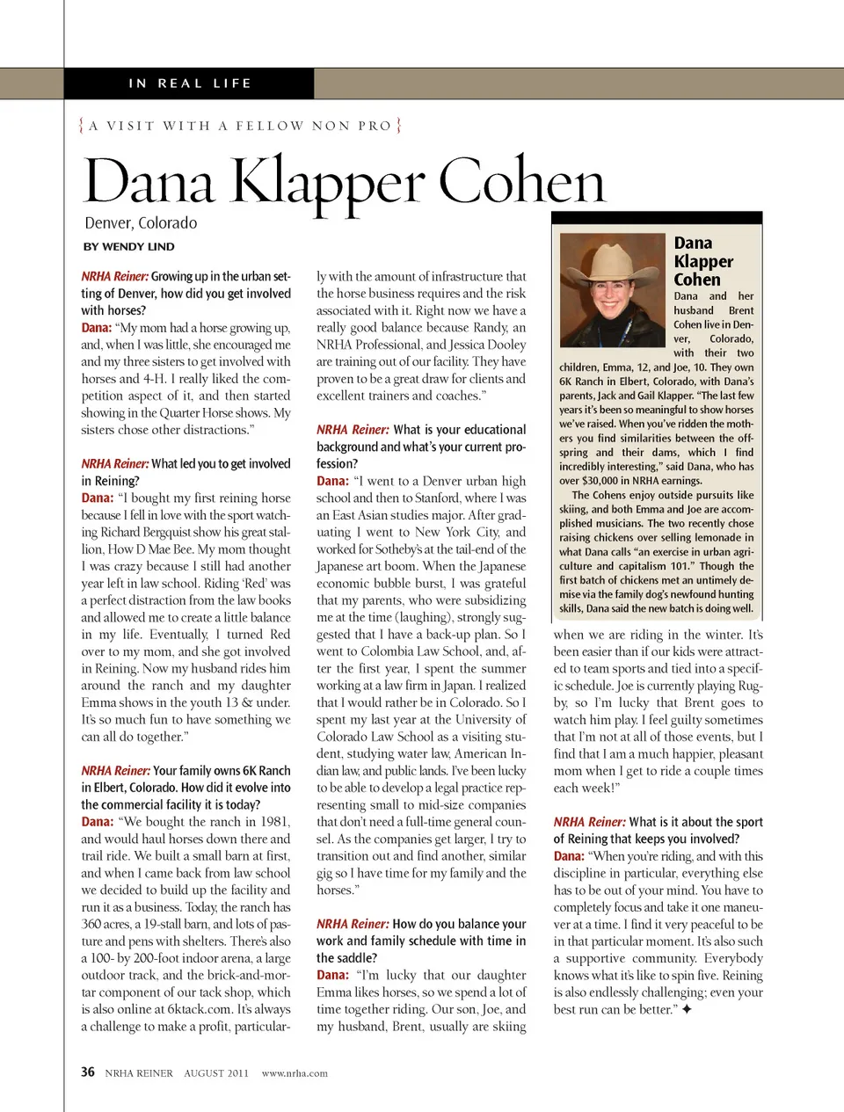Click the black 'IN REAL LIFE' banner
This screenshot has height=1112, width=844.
coord(189,84)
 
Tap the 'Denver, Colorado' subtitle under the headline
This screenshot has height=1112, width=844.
coord(141,223)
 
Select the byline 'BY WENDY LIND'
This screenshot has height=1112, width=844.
coord(128,247)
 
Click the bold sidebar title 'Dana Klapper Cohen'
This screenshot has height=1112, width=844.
coord(702,261)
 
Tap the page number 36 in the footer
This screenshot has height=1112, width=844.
coord(88,1072)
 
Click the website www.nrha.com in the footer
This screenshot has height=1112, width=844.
coord(295,1073)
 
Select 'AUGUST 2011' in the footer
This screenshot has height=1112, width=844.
coord(216,1073)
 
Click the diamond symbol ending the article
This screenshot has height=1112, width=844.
coord(687,1010)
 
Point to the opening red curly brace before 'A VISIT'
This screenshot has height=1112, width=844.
coord(82,126)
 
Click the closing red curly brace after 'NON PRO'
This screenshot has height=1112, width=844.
coord(398,126)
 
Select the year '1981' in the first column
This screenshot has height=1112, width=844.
coord(273,822)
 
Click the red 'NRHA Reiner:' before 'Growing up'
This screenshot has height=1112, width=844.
coord(114,276)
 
